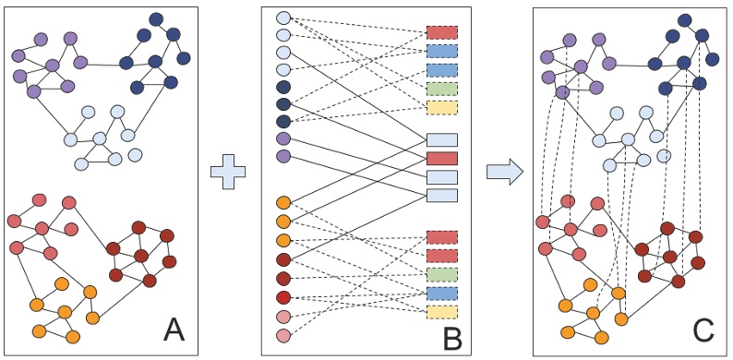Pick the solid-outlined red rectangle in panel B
(442, 158)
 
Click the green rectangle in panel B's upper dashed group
(442, 89)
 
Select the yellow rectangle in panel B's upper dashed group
(442, 107)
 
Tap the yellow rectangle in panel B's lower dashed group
(442, 311)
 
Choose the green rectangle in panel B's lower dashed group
(442, 274)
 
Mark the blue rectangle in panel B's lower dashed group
(442, 293)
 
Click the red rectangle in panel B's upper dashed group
(442, 33)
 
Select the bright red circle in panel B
(283, 296)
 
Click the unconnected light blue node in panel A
(136, 154)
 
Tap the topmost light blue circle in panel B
(283, 18)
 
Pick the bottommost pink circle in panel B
(283, 336)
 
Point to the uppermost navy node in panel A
(155, 18)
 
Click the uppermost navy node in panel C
(684, 18)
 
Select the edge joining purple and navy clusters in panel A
(102, 64)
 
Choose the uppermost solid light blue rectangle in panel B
(442, 139)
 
